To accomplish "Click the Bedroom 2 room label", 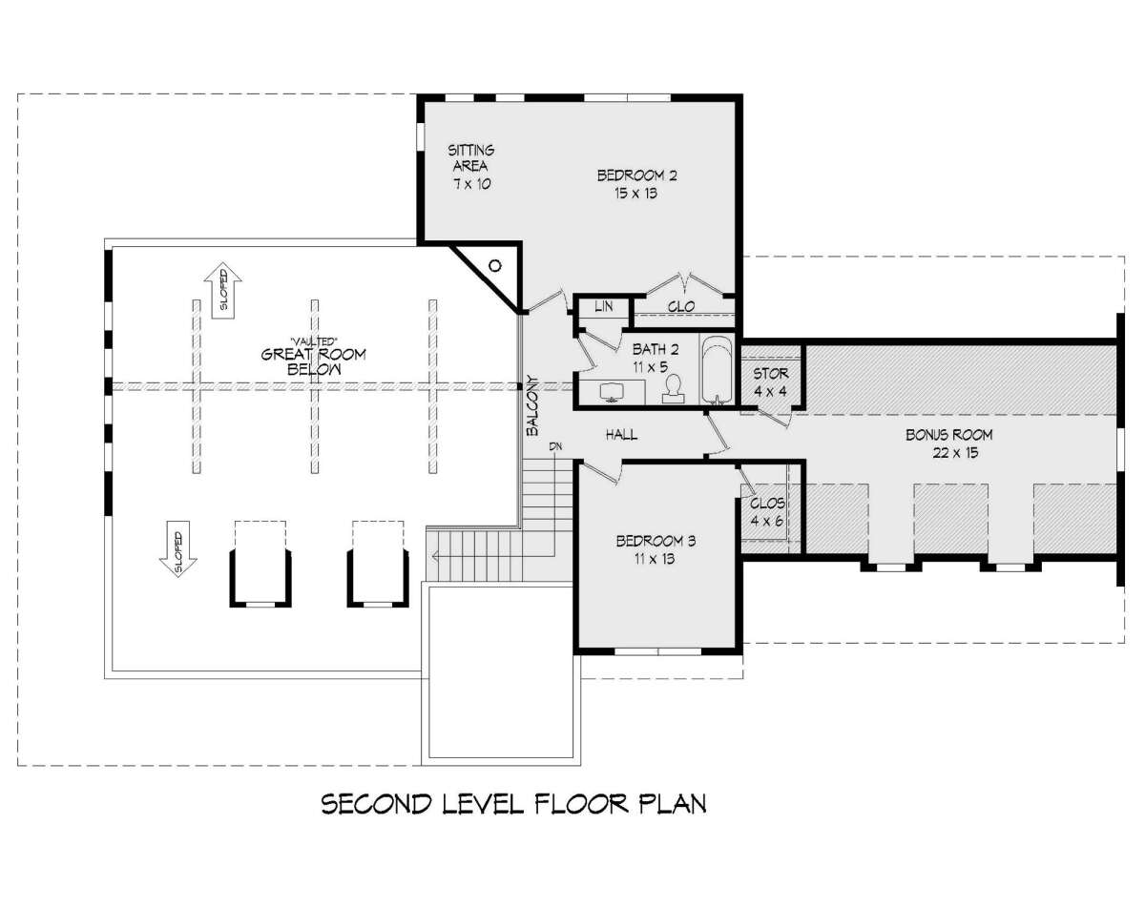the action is click(x=636, y=175).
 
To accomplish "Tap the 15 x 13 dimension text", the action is click(x=635, y=193).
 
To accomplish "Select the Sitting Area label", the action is click(x=470, y=158).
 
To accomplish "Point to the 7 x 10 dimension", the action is click(x=472, y=184).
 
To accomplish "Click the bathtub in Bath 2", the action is click(x=717, y=369).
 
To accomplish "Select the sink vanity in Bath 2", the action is click(x=612, y=393).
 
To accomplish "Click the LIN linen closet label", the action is click(x=604, y=306).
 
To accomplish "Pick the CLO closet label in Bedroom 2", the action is click(x=681, y=307).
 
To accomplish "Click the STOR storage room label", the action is click(x=770, y=374).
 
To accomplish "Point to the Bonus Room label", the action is click(x=949, y=435).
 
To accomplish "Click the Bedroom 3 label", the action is click(x=656, y=542).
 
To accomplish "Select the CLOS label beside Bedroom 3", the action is click(x=767, y=504).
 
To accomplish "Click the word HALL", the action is click(x=621, y=435).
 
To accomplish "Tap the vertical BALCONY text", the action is click(x=532, y=406).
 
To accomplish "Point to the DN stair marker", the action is click(x=555, y=447).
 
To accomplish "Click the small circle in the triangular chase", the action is click(x=495, y=265).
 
